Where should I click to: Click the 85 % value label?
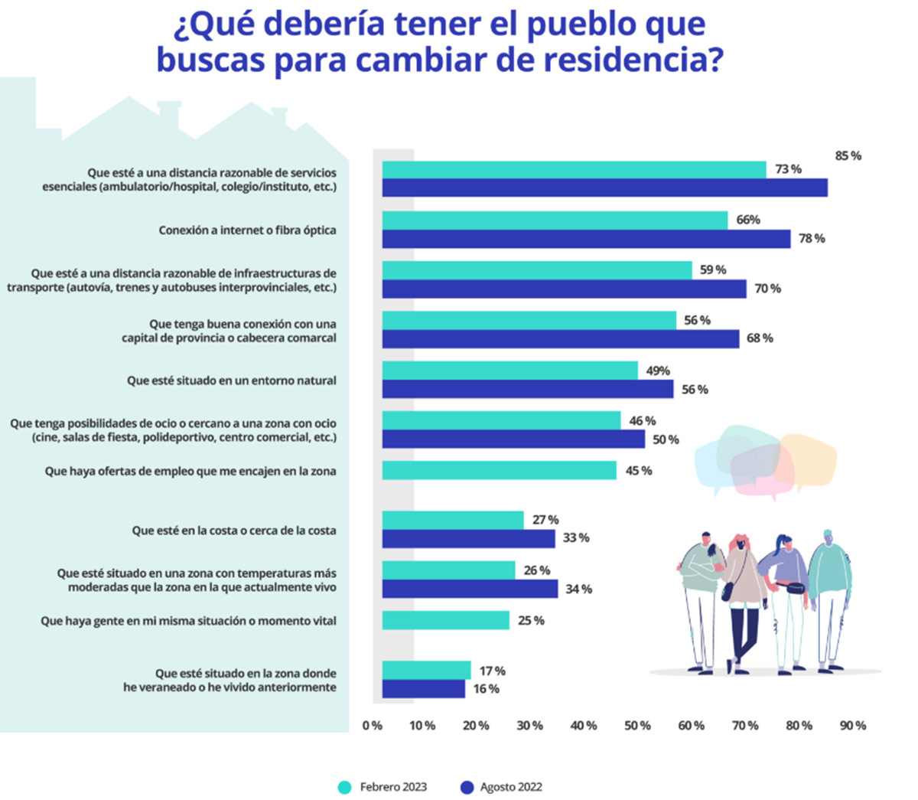pos(848,156)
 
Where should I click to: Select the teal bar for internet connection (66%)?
pos(555,220)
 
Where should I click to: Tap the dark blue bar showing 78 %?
pos(586,239)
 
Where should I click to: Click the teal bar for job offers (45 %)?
pos(499,471)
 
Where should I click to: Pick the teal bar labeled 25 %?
pos(445,620)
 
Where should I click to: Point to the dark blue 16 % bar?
pos(423,689)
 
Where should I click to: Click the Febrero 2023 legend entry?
pos(382,787)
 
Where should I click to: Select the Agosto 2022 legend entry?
pos(501,787)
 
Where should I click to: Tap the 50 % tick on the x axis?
pos(637,726)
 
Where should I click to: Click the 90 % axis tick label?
pos(853,726)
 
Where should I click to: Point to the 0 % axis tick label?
pos(373,726)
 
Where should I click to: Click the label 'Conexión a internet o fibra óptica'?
pos(247,230)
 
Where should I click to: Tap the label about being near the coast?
pos(233,531)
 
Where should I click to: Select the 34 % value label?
pos(578,589)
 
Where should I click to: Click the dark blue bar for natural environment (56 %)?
pos(528,390)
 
